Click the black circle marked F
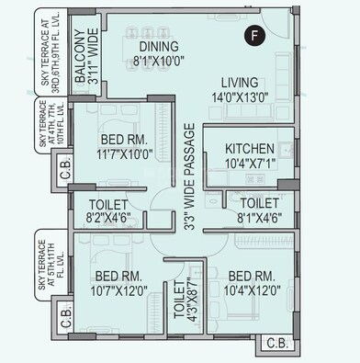pos(253,36)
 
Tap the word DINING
pos(160,46)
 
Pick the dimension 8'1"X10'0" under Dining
pos(160,61)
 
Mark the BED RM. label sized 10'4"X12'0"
pos(249,276)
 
